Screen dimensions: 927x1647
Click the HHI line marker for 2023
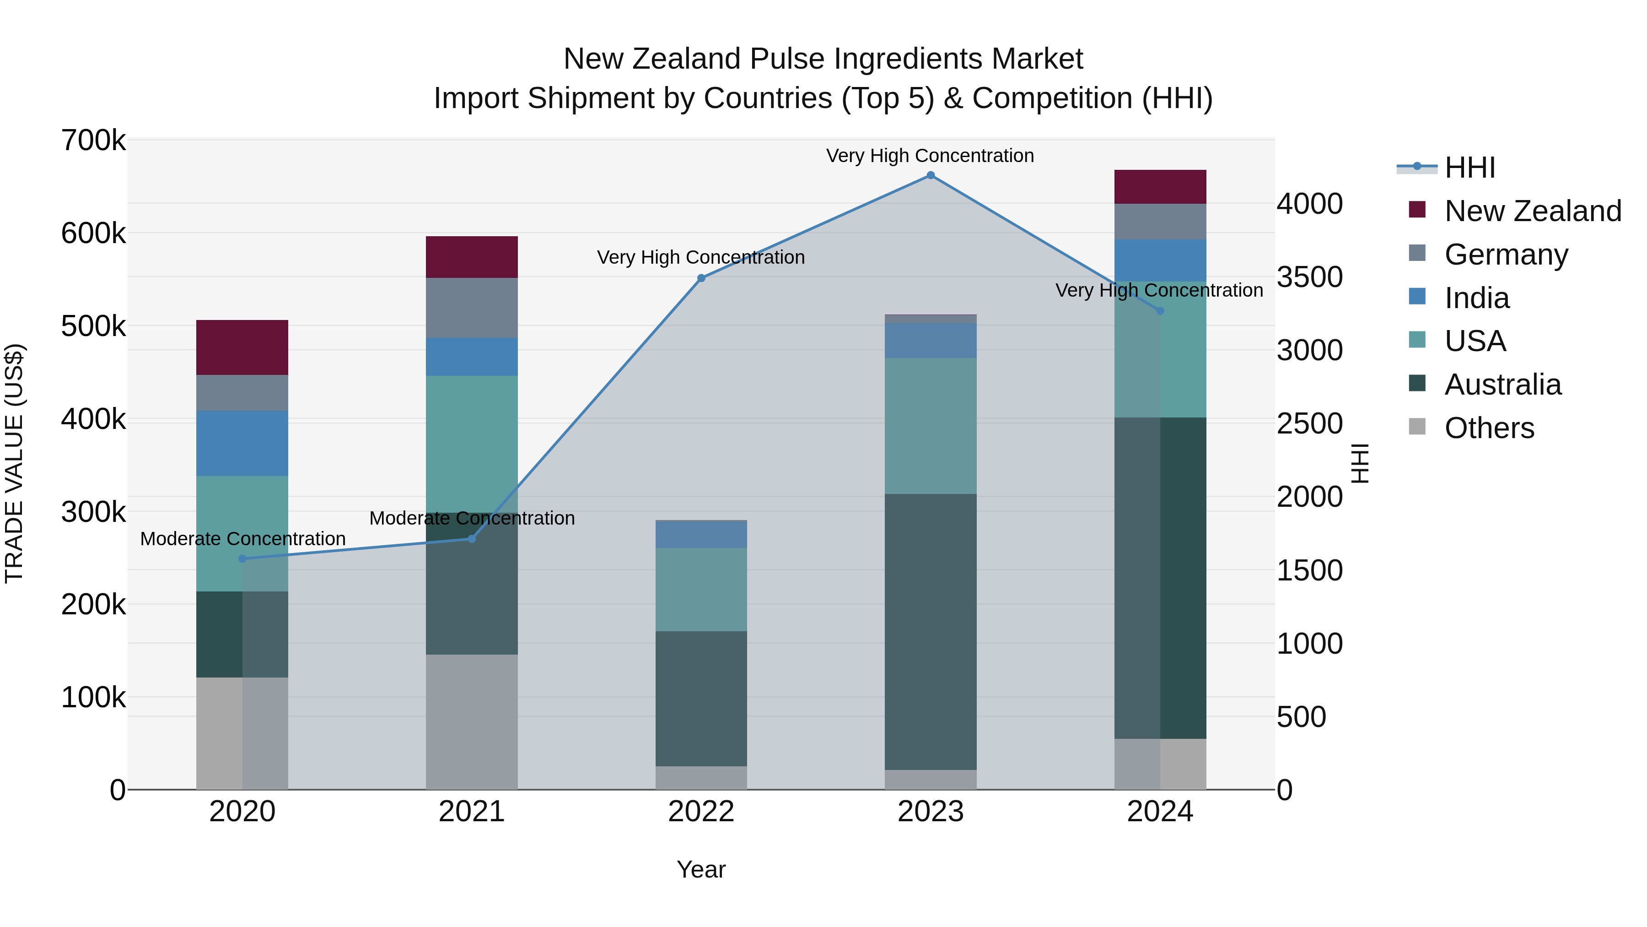tap(930, 175)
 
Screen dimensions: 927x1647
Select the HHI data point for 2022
tap(701, 278)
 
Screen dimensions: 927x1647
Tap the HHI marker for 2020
tap(242, 558)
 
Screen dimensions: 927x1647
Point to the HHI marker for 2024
tap(1160, 311)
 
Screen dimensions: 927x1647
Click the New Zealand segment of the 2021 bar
tap(472, 257)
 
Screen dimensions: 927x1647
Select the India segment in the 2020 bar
tap(242, 443)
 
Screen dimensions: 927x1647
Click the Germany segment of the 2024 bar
tap(1160, 222)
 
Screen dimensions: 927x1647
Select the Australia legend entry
tap(1502, 385)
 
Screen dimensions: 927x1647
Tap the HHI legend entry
tap(1469, 168)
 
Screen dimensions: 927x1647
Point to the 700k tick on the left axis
tap(93, 141)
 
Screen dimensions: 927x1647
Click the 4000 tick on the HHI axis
tap(1309, 204)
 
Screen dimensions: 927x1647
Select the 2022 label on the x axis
tap(701, 812)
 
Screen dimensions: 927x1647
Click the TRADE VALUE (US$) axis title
tap(14, 463)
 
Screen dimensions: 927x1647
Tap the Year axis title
tap(701, 869)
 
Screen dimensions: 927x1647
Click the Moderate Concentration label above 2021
tap(472, 518)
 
